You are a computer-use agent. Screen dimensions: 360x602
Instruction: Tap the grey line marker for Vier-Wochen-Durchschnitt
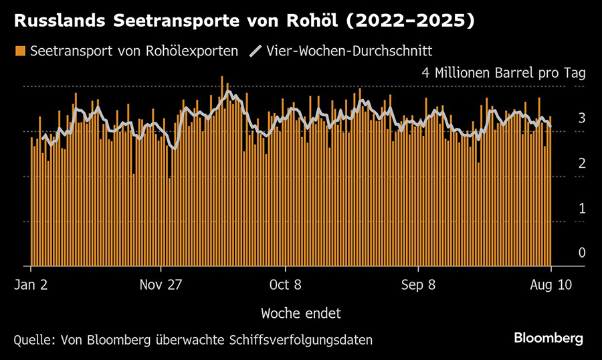pos(255,51)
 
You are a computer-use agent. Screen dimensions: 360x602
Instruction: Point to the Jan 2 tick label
pos(31,284)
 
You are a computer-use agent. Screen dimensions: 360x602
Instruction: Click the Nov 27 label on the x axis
pos(161,284)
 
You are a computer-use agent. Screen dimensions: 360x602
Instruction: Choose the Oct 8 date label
pos(286,284)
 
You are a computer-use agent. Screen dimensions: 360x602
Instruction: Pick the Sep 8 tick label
pos(417,284)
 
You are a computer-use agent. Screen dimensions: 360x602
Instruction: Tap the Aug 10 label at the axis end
pos(550,284)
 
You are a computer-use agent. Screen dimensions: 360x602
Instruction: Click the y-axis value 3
pos(582,118)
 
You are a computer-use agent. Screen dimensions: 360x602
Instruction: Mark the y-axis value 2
pos(582,163)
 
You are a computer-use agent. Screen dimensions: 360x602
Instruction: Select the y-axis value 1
pos(582,208)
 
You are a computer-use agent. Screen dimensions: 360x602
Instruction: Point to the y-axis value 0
pos(582,253)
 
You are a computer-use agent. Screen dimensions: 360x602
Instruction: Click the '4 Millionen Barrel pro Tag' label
pos(503,74)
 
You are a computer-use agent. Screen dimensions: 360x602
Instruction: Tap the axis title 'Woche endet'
pos(301,312)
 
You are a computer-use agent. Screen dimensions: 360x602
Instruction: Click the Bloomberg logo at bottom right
pos(548,339)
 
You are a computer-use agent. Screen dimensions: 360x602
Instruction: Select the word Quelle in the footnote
pos(32,339)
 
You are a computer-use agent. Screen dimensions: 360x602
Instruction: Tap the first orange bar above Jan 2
pos(31,201)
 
